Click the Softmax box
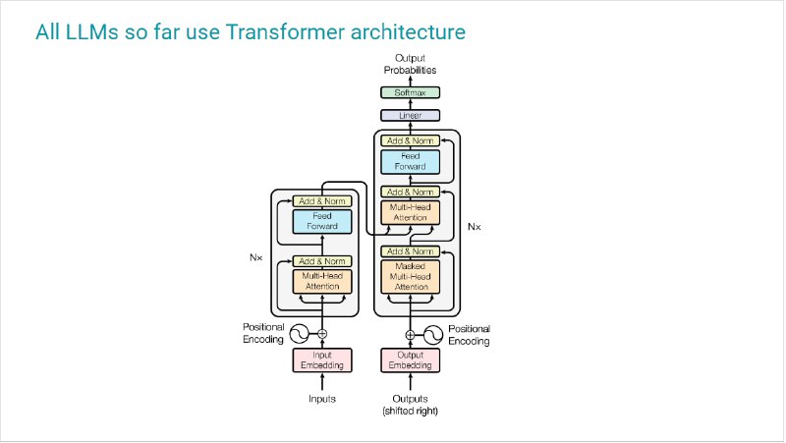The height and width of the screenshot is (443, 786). click(x=410, y=92)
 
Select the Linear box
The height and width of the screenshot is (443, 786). click(x=410, y=115)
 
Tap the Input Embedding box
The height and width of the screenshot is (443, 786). click(x=322, y=360)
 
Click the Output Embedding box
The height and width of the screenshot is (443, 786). click(x=410, y=360)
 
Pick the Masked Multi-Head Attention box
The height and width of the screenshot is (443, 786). click(x=410, y=277)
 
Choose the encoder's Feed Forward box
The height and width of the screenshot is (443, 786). click(x=322, y=222)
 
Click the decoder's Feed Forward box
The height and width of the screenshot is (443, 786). click(x=410, y=162)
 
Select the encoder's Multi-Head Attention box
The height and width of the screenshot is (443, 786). click(x=322, y=281)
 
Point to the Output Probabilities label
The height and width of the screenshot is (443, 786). click(x=410, y=64)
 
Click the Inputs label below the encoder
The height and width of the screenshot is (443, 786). click(x=322, y=399)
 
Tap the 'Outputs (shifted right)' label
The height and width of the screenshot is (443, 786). click(x=410, y=405)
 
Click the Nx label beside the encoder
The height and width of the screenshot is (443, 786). click(x=255, y=257)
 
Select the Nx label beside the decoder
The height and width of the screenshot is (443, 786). click(x=475, y=227)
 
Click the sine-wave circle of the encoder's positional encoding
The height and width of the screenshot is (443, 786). click(x=300, y=334)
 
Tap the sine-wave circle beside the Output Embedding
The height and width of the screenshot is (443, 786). click(x=433, y=335)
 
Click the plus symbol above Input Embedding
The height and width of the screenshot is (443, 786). click(x=322, y=334)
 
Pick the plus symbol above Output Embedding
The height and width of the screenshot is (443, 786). click(x=410, y=335)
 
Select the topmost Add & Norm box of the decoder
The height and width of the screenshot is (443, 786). click(x=410, y=140)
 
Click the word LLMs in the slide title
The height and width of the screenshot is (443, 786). click(x=85, y=32)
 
